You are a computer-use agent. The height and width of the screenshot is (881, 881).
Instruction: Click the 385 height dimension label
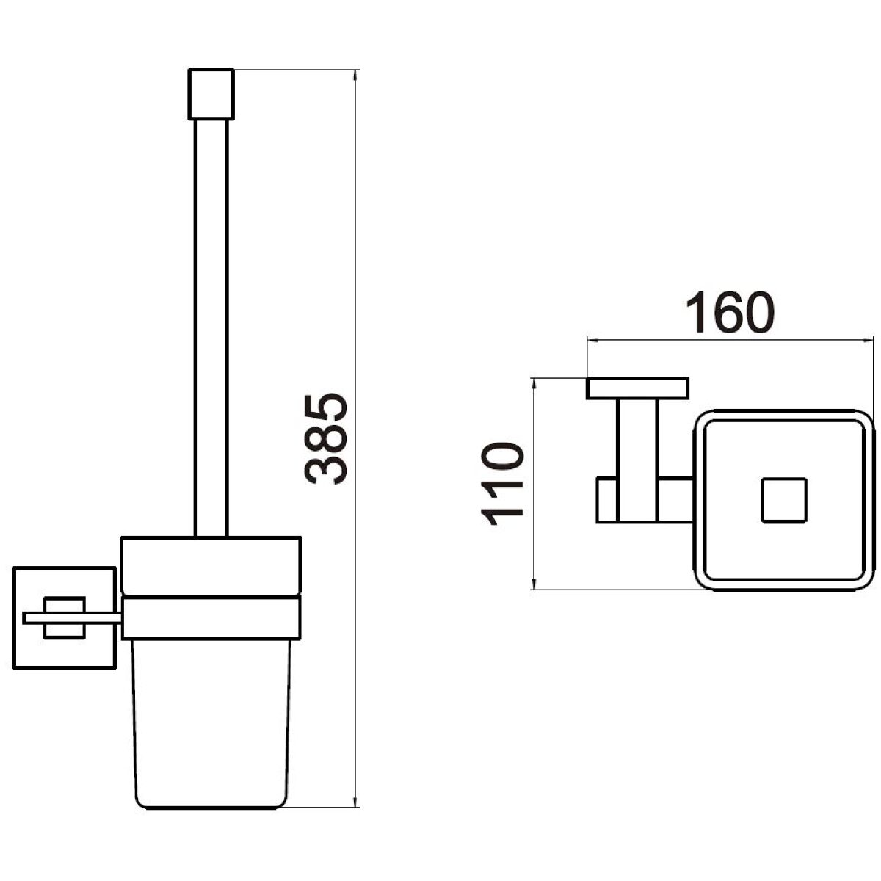point(326,439)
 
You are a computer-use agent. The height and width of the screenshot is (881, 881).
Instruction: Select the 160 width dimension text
point(730,312)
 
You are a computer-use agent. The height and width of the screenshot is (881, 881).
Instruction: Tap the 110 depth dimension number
point(501,484)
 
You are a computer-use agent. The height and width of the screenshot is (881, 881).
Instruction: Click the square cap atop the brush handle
point(211,94)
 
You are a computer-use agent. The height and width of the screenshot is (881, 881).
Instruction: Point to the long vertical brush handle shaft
point(211,327)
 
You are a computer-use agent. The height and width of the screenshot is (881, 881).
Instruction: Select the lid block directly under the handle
point(211,566)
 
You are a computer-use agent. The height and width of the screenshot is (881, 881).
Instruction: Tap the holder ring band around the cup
point(211,617)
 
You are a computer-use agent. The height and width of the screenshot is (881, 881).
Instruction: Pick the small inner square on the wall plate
point(65,617)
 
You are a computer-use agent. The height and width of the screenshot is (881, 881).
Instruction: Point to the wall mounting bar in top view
point(637,388)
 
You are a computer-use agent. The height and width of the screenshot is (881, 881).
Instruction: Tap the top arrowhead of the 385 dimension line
point(355,76)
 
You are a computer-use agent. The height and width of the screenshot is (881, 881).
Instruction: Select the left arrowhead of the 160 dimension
point(594,340)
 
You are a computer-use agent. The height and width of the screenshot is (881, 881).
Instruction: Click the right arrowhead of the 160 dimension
point(867,340)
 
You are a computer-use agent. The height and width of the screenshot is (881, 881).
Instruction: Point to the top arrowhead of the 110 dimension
point(534,385)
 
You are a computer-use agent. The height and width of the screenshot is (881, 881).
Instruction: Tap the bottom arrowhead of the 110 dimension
point(534,582)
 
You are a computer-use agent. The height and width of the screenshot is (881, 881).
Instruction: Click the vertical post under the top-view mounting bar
point(638,460)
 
